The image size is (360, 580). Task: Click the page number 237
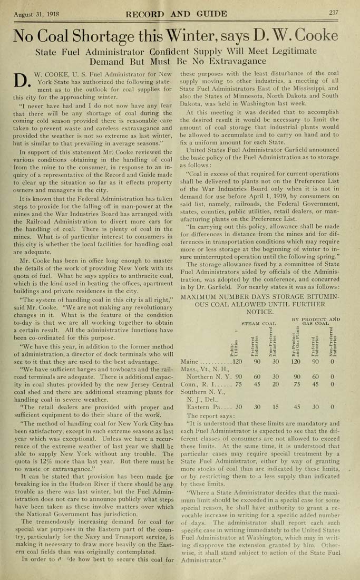(334, 13)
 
